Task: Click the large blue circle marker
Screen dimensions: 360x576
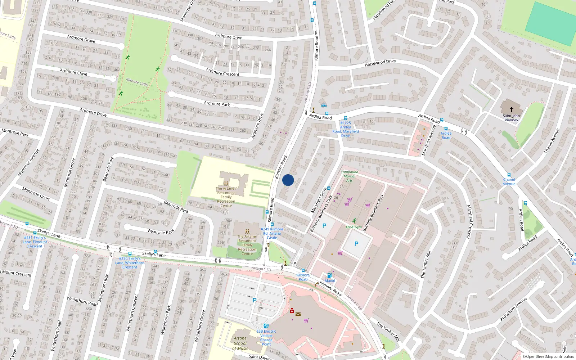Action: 288,180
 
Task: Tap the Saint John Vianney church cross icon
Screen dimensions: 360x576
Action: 511,109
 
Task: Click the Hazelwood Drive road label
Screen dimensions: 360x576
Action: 380,63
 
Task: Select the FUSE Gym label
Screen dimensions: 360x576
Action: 354,227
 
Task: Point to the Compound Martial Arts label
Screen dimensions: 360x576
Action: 349,176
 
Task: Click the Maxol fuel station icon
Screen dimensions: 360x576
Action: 329,275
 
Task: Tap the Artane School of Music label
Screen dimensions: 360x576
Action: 240,343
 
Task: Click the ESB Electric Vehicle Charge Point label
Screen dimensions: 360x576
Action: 266,338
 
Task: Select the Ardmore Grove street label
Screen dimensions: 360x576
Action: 81,39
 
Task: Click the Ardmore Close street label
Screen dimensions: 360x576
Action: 73,72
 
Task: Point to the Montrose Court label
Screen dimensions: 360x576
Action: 36,194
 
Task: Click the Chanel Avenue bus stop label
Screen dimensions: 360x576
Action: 509,181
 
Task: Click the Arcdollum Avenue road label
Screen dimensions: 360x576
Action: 513,309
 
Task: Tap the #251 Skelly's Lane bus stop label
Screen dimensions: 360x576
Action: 35,242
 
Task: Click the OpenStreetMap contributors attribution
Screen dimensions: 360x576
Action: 548,357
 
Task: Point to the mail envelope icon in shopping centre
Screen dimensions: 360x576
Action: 298,314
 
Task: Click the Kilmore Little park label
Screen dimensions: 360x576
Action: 137,82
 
